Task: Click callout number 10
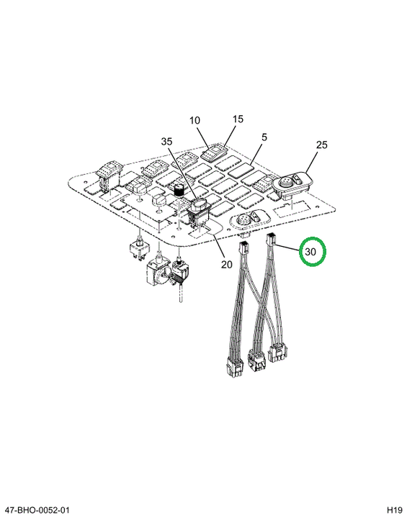[x=194, y=120]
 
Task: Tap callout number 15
[x=238, y=119]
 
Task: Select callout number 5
[x=264, y=137]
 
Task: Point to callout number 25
[x=321, y=145]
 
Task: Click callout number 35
[x=167, y=142]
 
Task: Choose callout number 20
[x=227, y=264]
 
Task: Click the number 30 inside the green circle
[x=310, y=252]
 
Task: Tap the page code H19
[x=395, y=510]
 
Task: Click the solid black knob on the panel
[x=179, y=191]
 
